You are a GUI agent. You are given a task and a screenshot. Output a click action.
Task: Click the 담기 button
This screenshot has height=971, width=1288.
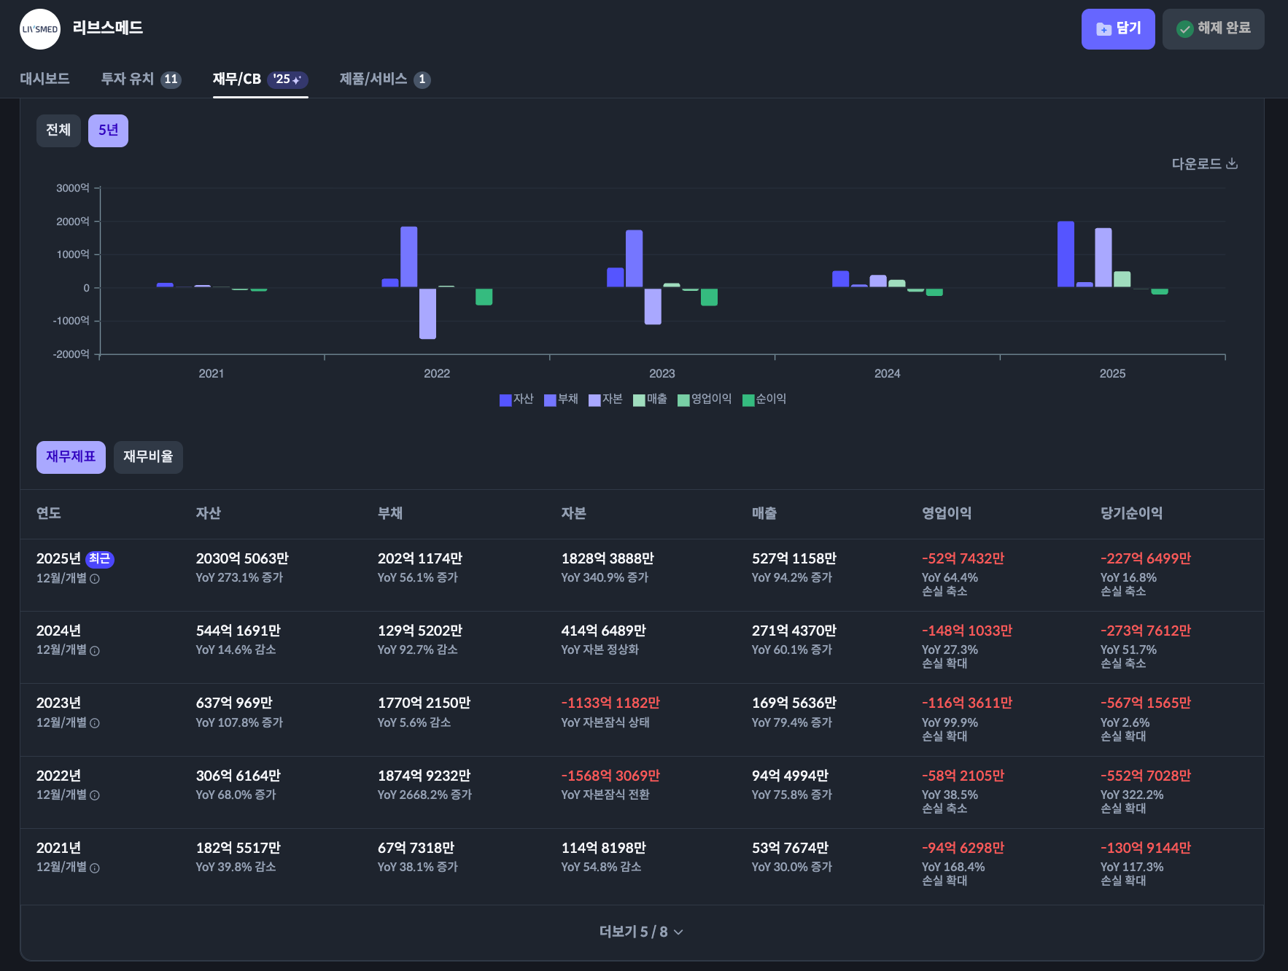coord(1117,29)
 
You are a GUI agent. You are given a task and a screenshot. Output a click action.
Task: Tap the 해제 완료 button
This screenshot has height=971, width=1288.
coord(1213,29)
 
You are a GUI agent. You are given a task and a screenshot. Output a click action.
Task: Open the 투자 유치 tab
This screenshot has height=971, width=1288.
coord(141,79)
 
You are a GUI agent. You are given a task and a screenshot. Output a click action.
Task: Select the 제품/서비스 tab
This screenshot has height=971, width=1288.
coord(384,79)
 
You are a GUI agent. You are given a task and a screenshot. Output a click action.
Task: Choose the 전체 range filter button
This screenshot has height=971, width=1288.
coord(58,130)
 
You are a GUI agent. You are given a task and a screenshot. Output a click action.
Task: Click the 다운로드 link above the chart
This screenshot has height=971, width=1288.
coord(1204,163)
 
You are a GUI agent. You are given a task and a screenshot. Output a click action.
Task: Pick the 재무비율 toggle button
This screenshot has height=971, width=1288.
coord(148,457)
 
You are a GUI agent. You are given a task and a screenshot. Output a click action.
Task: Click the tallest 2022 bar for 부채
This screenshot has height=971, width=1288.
coord(409,257)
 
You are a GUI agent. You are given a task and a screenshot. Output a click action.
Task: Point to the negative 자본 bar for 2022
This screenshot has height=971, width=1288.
coord(427,313)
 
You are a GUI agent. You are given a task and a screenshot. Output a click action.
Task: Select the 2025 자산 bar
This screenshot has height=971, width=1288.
coord(1066,254)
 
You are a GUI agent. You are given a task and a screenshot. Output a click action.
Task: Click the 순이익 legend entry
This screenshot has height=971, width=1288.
coord(764,399)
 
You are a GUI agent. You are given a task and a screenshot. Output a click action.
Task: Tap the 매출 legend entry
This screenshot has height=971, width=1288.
coord(650,399)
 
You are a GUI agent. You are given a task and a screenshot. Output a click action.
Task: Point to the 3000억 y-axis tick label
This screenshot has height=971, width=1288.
coord(72,188)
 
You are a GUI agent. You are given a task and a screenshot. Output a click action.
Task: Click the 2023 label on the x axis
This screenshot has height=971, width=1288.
coord(662,373)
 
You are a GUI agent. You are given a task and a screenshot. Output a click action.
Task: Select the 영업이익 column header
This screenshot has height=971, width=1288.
coord(947,513)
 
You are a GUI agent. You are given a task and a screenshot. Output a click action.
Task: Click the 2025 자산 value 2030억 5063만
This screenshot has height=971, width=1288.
coord(242,558)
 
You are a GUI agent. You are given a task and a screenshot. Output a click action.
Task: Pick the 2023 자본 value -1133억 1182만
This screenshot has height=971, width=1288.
coord(610,703)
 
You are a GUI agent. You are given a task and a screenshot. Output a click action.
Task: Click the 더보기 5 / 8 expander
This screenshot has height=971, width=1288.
coord(641,932)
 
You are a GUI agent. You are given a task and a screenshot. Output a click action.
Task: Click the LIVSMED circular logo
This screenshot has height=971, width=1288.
coord(40,29)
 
